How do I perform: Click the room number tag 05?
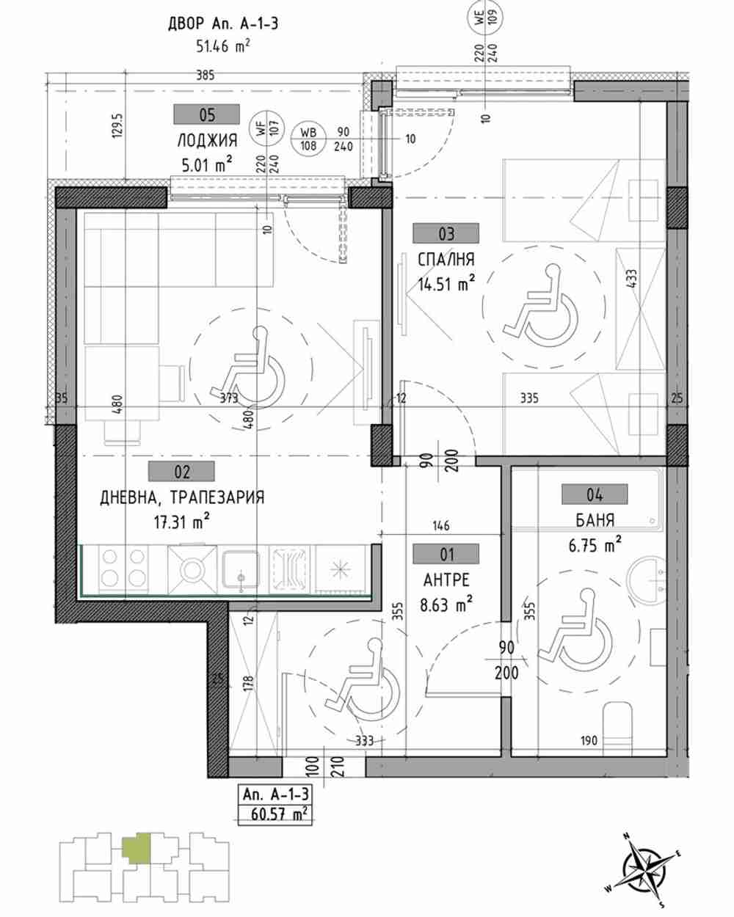(x=206, y=114)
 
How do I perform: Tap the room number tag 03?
(x=446, y=233)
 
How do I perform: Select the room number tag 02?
(x=181, y=472)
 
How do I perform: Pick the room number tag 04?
(x=595, y=494)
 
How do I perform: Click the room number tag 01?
(x=446, y=555)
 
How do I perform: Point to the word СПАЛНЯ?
(x=446, y=260)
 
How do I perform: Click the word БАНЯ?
(x=595, y=520)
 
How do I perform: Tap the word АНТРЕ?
(x=446, y=580)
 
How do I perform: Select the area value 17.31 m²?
(x=182, y=522)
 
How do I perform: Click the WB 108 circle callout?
(x=308, y=139)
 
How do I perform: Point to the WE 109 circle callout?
(x=485, y=18)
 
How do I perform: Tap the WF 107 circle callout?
(x=266, y=127)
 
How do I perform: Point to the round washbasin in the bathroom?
(x=646, y=579)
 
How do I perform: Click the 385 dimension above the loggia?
(x=205, y=76)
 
